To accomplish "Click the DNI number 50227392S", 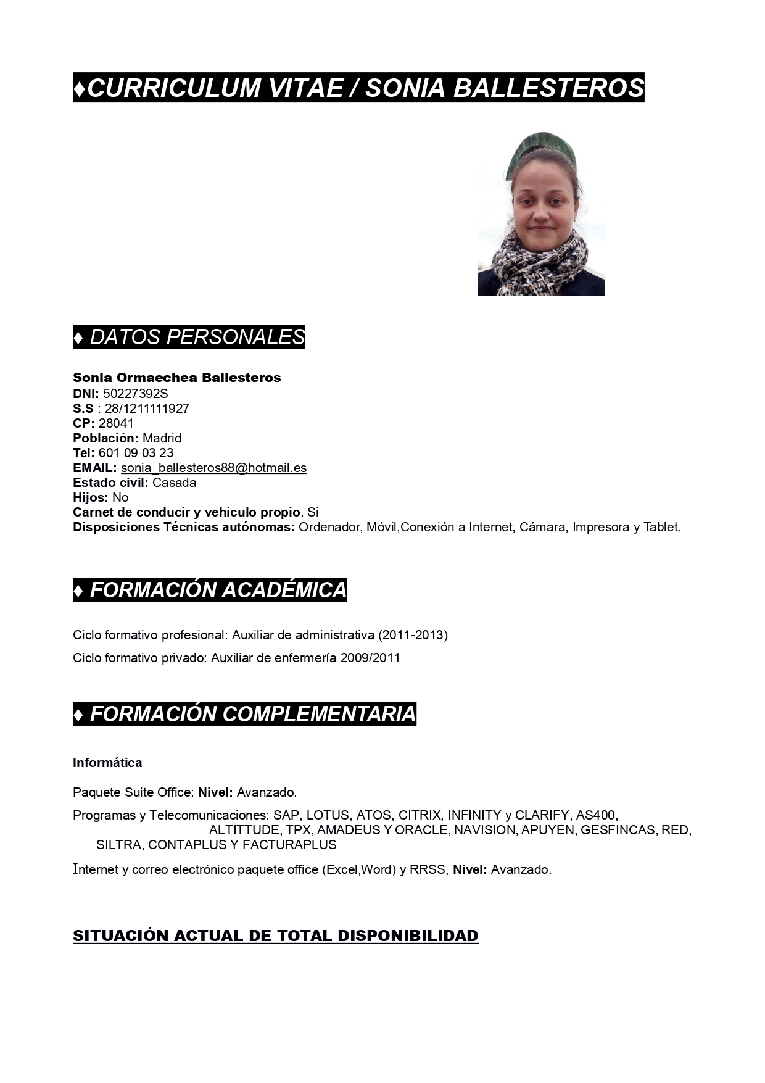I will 135,394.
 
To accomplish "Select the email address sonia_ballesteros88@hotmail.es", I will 213,468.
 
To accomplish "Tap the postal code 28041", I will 116,423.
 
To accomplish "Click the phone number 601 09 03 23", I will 136,453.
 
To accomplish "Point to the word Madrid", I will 162,438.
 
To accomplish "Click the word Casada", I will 174,483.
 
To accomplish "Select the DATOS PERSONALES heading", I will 189,337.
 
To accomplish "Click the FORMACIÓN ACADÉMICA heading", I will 210,590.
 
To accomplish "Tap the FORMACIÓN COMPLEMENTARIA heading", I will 244,714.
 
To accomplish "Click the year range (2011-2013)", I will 413,635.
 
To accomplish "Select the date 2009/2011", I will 370,658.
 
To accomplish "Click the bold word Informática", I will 107,763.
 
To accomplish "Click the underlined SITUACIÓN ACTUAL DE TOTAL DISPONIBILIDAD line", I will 275,936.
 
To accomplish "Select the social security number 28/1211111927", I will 147,409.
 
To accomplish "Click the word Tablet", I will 661,527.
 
